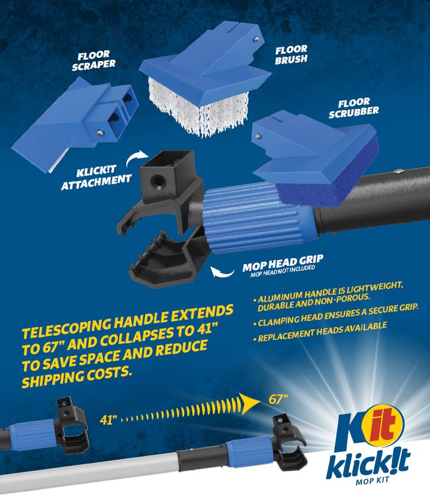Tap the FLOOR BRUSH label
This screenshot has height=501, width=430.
pos(291,54)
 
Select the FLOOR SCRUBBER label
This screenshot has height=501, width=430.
pos(354,108)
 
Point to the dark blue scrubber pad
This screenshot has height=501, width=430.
pos(329,179)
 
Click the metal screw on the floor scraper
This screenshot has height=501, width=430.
pos(100,131)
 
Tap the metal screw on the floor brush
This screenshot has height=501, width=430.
pos(255,39)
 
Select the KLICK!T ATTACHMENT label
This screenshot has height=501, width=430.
pos(96,178)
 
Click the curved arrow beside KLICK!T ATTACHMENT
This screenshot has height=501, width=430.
pos(137,158)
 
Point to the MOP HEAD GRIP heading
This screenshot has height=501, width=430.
pos(283,263)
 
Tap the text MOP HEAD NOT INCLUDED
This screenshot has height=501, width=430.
pos(283,271)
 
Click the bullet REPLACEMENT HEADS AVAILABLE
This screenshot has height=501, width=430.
pos(320,332)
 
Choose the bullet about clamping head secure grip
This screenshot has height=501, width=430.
pos(335,315)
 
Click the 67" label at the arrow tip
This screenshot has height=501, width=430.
pos(278,399)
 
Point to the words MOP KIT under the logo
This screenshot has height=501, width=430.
pos(373,480)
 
